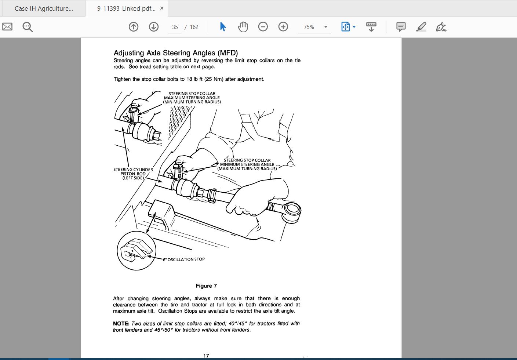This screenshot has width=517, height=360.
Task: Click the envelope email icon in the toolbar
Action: tap(7, 27)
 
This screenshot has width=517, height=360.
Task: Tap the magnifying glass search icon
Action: tap(28, 27)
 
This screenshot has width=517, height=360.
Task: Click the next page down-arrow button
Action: tap(153, 27)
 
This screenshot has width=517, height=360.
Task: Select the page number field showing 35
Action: tap(175, 27)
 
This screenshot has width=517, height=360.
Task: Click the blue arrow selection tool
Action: tap(223, 27)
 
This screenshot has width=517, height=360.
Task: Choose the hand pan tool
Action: tap(243, 27)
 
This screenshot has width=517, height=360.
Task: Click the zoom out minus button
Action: tap(263, 27)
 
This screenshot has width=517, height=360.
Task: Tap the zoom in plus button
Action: tap(283, 27)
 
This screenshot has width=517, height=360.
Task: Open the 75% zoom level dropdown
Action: tap(326, 27)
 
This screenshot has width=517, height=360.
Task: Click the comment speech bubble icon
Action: tap(401, 27)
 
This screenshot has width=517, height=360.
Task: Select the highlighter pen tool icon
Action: tap(421, 27)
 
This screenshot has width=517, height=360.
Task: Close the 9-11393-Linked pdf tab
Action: tap(162, 8)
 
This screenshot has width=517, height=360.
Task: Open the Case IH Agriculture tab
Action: tap(43, 8)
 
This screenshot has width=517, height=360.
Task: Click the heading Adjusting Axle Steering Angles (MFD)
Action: tap(176, 53)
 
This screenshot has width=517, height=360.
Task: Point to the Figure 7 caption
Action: tap(206, 286)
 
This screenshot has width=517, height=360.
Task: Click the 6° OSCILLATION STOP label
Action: tap(184, 259)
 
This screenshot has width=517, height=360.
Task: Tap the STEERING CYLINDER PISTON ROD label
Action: tap(133, 174)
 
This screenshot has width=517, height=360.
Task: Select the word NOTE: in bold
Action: tap(121, 324)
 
